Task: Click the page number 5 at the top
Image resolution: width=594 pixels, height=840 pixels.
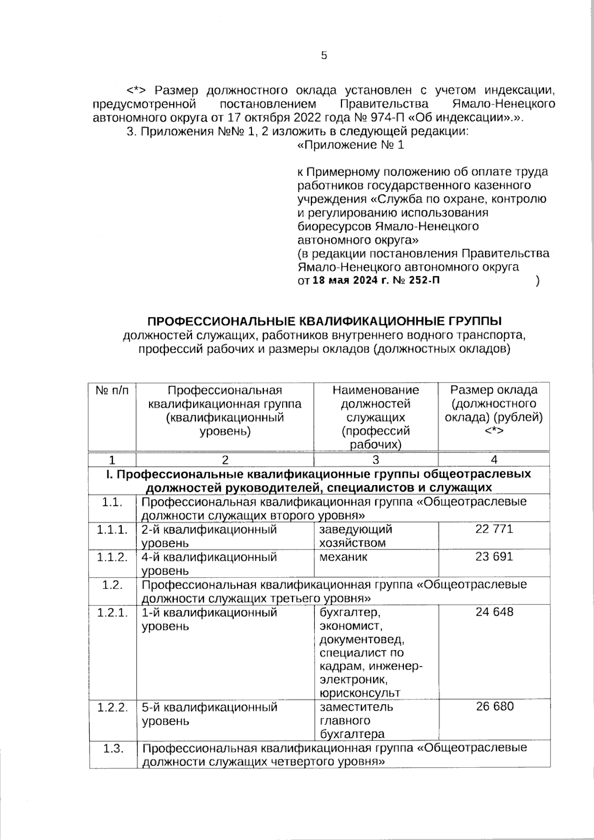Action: click(x=324, y=55)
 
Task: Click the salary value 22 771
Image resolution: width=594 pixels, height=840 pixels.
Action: click(x=494, y=529)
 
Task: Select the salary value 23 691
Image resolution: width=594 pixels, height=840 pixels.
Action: click(x=494, y=557)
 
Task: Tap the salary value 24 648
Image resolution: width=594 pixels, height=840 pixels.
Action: click(x=494, y=612)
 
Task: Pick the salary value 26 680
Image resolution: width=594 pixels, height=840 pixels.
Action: click(x=494, y=706)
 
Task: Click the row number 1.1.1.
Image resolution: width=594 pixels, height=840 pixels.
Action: click(x=112, y=530)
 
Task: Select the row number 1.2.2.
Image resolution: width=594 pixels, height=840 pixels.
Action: click(x=112, y=707)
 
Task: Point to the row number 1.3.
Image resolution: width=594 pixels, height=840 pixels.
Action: click(x=112, y=748)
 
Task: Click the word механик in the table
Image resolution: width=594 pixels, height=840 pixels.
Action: click(x=344, y=557)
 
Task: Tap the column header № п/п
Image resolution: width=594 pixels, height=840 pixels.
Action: click(x=112, y=390)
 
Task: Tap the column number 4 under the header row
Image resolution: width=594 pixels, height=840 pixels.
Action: click(x=494, y=460)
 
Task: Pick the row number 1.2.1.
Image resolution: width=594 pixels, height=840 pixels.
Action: click(x=112, y=613)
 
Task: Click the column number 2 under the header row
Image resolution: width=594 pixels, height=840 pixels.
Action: click(x=225, y=460)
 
